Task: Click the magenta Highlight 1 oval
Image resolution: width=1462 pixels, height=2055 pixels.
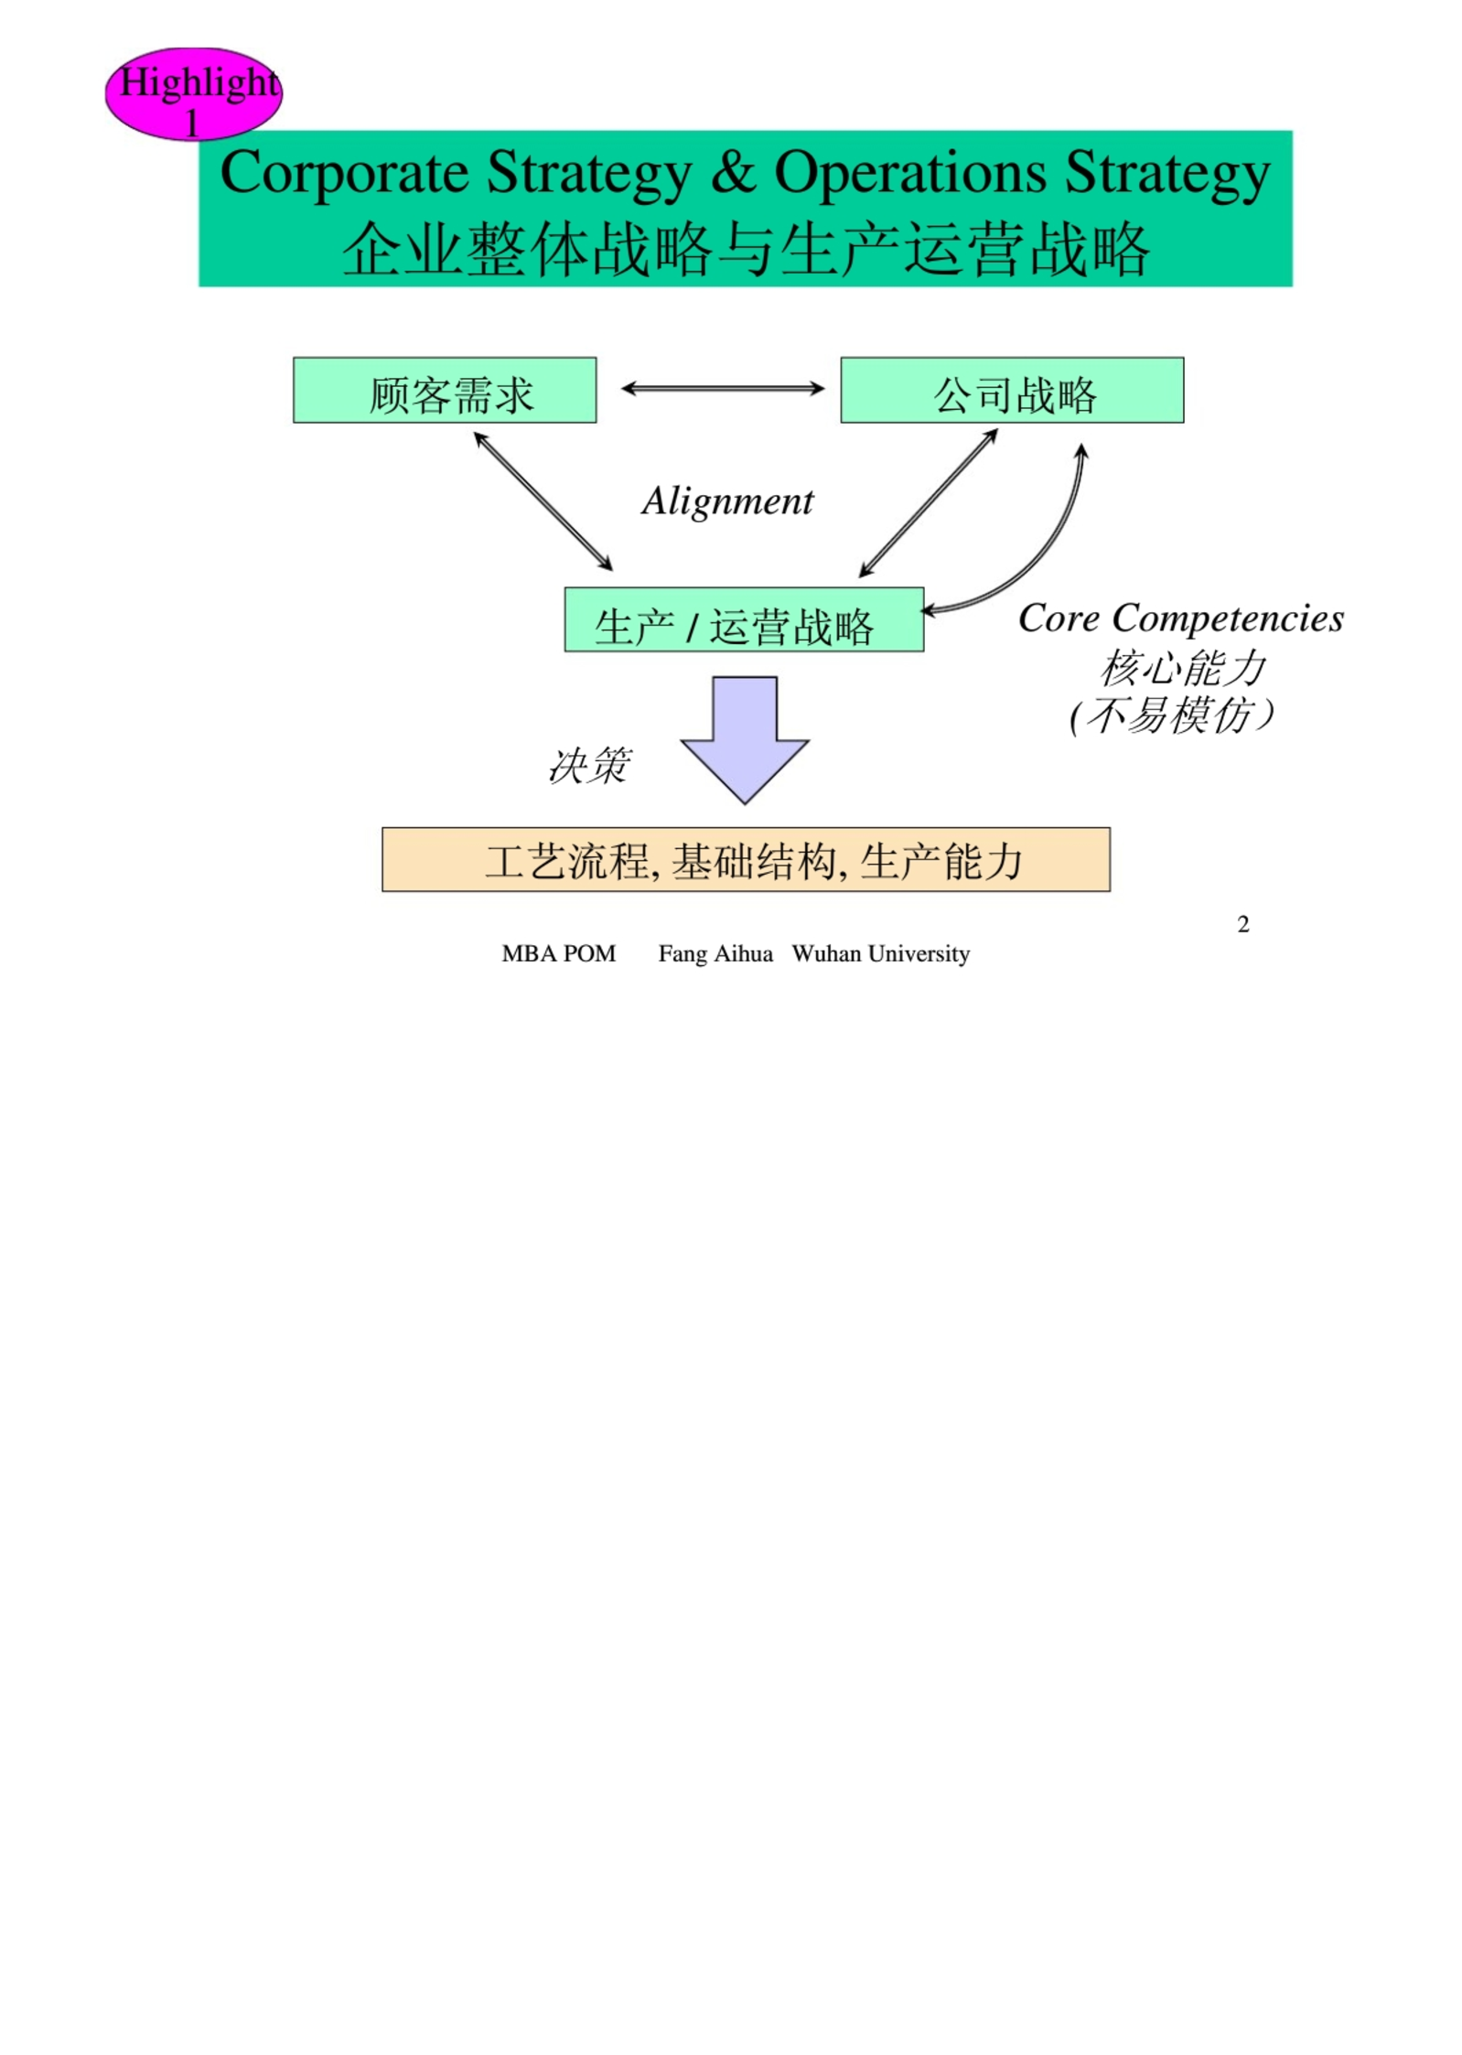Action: pyautogui.click(x=192, y=93)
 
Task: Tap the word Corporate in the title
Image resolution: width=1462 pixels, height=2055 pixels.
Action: pyautogui.click(x=344, y=173)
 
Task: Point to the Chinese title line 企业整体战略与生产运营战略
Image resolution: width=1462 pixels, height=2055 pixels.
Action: pyautogui.click(x=746, y=248)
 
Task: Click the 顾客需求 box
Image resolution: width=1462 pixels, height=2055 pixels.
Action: pyautogui.click(x=445, y=391)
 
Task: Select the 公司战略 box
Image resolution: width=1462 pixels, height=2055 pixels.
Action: pyautogui.click(x=1012, y=391)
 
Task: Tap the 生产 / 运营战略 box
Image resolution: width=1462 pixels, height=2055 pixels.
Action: pyautogui.click(x=744, y=620)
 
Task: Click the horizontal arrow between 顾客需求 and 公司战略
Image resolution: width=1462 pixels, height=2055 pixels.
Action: pyautogui.click(x=723, y=389)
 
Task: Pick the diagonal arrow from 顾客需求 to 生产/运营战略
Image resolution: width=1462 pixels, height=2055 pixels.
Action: pyautogui.click(x=543, y=501)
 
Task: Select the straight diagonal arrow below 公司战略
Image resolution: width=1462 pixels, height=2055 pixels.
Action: pyautogui.click(x=928, y=503)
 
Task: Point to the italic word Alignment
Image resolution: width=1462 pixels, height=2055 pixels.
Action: pyautogui.click(x=727, y=501)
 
